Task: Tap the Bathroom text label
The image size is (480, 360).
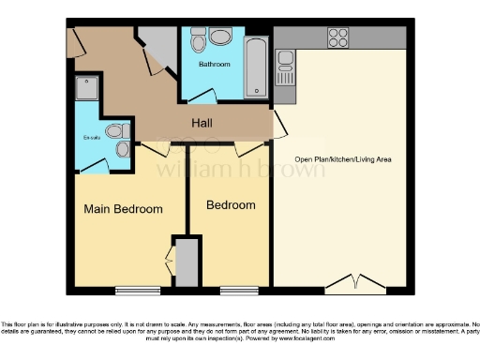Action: [215, 65]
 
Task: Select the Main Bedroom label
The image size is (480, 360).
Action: [123, 209]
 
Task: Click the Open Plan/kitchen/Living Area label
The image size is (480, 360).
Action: [343, 159]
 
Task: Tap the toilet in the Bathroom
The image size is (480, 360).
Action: [198, 42]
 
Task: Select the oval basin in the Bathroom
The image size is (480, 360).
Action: [221, 38]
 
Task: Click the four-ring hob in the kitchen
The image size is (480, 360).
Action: [337, 37]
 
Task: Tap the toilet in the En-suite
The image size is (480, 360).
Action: [116, 132]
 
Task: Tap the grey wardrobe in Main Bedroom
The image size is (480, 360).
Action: [187, 262]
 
